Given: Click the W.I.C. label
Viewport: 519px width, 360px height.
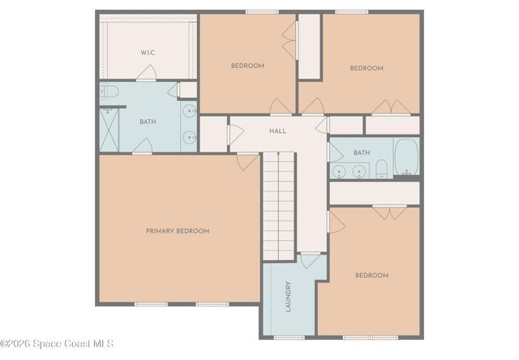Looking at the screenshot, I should (x=148, y=53).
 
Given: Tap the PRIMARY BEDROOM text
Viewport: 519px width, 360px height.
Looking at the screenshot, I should (x=178, y=231).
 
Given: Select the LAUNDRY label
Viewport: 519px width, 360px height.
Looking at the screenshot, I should (x=289, y=297).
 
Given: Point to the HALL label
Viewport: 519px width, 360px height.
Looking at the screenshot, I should (x=278, y=130).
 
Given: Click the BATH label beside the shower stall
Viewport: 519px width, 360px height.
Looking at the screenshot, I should (x=148, y=122).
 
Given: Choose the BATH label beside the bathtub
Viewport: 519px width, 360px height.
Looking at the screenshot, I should (x=362, y=152).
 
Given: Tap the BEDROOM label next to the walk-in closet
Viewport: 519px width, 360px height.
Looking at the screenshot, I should (x=247, y=66).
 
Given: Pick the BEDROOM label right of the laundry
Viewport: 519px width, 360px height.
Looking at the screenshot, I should (x=371, y=276).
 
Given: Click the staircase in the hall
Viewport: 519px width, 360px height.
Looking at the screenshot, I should (x=277, y=206).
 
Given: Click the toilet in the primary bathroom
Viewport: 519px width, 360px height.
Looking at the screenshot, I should (x=110, y=93).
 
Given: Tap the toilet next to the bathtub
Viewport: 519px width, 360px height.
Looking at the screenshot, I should (x=381, y=169).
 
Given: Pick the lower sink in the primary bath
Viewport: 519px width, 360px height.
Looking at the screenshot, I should (x=189, y=136).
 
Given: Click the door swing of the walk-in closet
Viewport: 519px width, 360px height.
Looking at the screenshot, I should (x=146, y=75).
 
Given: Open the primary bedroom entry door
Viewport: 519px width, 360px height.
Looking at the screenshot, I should (x=247, y=161).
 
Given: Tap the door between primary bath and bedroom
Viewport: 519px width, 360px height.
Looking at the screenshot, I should (x=142, y=147).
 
